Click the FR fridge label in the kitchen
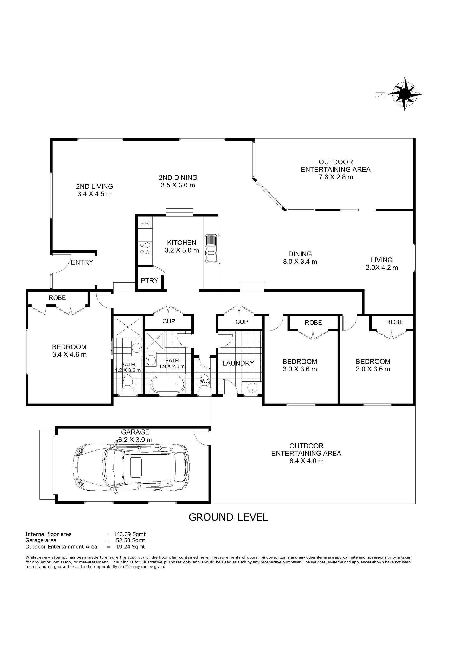pyautogui.click(x=145, y=223)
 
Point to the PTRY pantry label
pyautogui.click(x=149, y=281)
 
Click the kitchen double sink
pyautogui.click(x=211, y=248)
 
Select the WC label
pyautogui.click(x=205, y=381)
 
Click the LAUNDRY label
pyautogui.click(x=238, y=363)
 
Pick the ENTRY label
pyautogui.click(x=82, y=262)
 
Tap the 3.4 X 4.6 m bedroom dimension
pyautogui.click(x=69, y=355)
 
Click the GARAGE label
pyautogui.click(x=135, y=432)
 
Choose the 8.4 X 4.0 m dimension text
pyautogui.click(x=306, y=461)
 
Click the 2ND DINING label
pyautogui.click(x=178, y=178)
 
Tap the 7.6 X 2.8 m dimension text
pyautogui.click(x=336, y=177)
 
